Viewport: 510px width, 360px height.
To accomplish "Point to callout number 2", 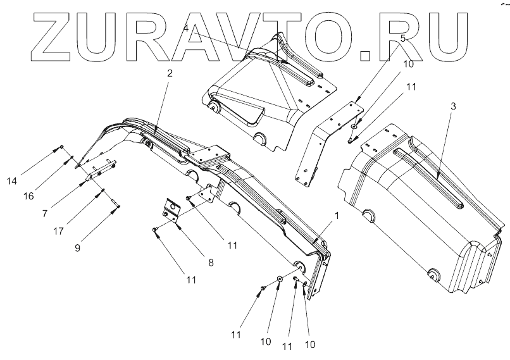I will click(169, 73).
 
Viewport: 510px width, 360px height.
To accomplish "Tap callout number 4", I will click(185, 28).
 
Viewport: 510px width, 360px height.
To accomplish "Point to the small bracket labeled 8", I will click(171, 211).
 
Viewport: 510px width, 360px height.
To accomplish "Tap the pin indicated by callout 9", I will click(116, 203).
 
